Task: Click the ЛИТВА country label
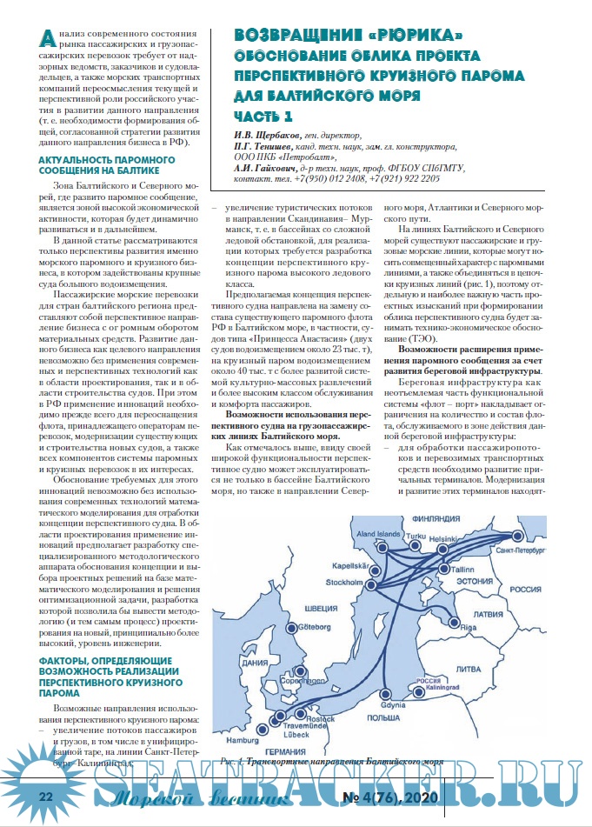[468, 669]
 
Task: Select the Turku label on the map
[417, 537]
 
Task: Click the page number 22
[46, 796]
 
